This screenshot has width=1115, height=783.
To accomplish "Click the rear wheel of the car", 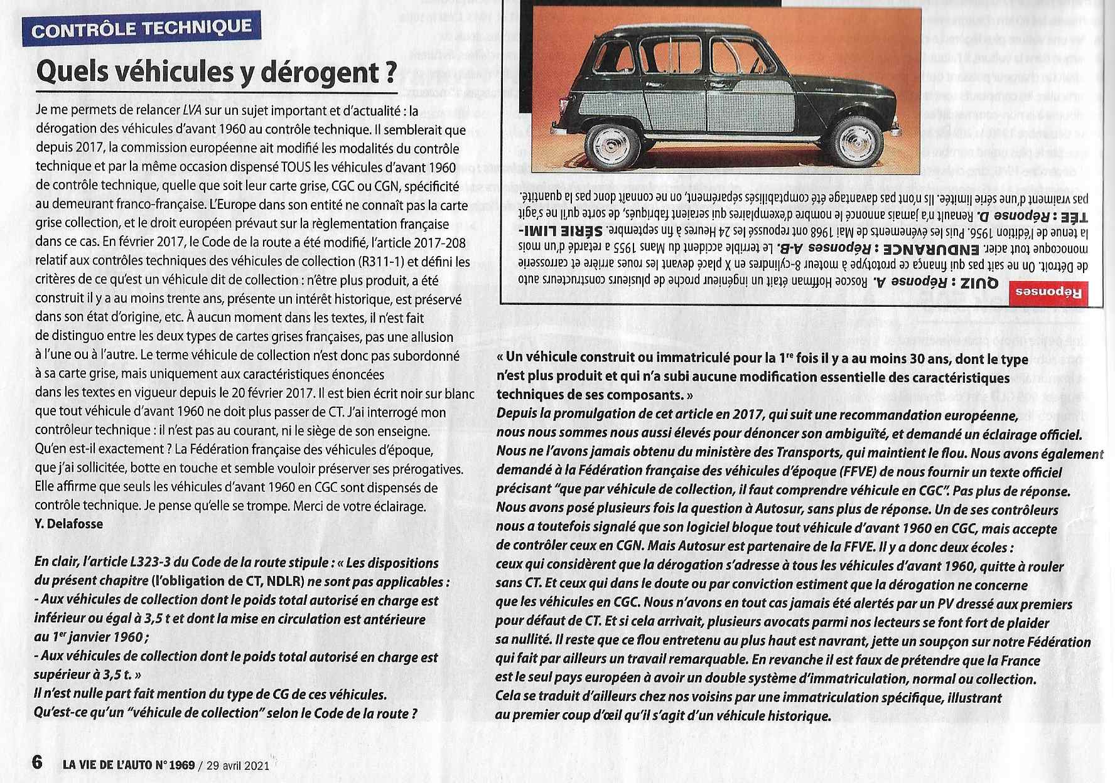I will (608, 145).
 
